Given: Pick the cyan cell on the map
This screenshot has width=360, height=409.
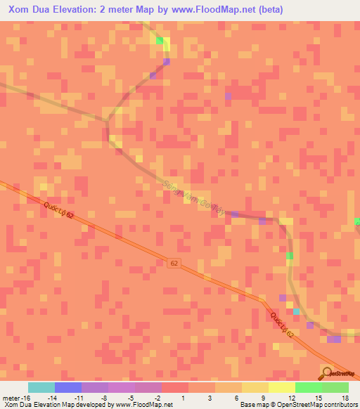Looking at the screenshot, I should coord(296,311).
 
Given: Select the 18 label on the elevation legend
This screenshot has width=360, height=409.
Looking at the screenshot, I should coord(345,398).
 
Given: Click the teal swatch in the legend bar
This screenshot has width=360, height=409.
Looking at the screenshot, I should coord(41,387).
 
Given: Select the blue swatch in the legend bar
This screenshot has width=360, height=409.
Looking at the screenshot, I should coord(68,387).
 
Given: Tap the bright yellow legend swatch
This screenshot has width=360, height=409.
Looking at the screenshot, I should coord(282,387).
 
